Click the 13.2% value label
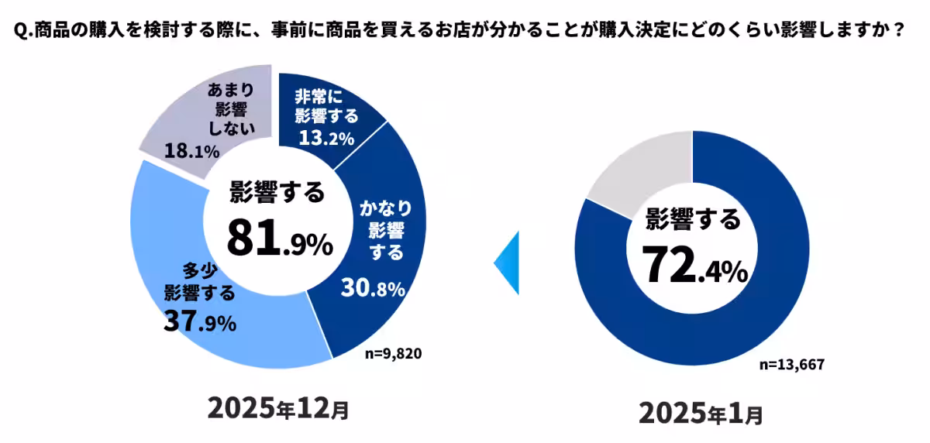point(325,139)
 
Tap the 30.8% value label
point(373,290)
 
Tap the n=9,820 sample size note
point(393,354)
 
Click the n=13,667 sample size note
point(790,365)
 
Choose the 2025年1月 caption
point(701,413)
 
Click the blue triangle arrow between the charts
point(507,263)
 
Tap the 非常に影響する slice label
point(325,107)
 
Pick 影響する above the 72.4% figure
point(694,220)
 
